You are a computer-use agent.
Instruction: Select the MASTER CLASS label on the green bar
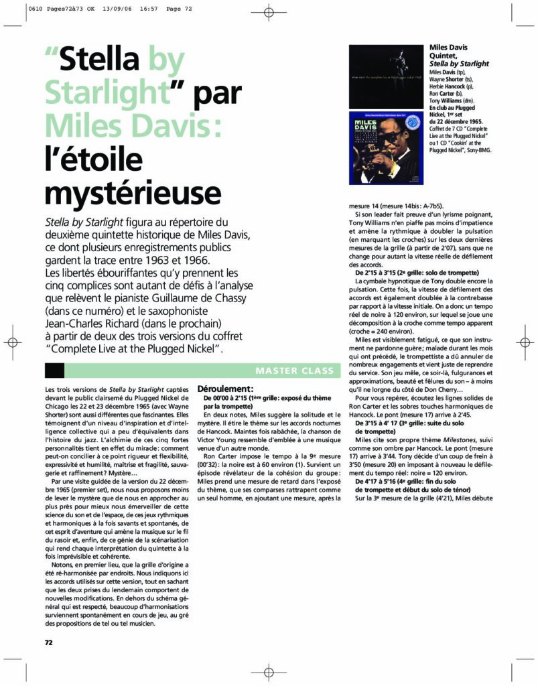point(294,370)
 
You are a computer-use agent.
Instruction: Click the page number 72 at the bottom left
point(48,642)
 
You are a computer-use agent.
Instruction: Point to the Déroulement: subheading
point(224,389)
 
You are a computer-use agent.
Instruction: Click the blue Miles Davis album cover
point(386,148)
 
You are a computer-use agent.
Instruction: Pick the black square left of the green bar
point(54,370)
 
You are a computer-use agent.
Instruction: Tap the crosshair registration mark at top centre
point(268,13)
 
